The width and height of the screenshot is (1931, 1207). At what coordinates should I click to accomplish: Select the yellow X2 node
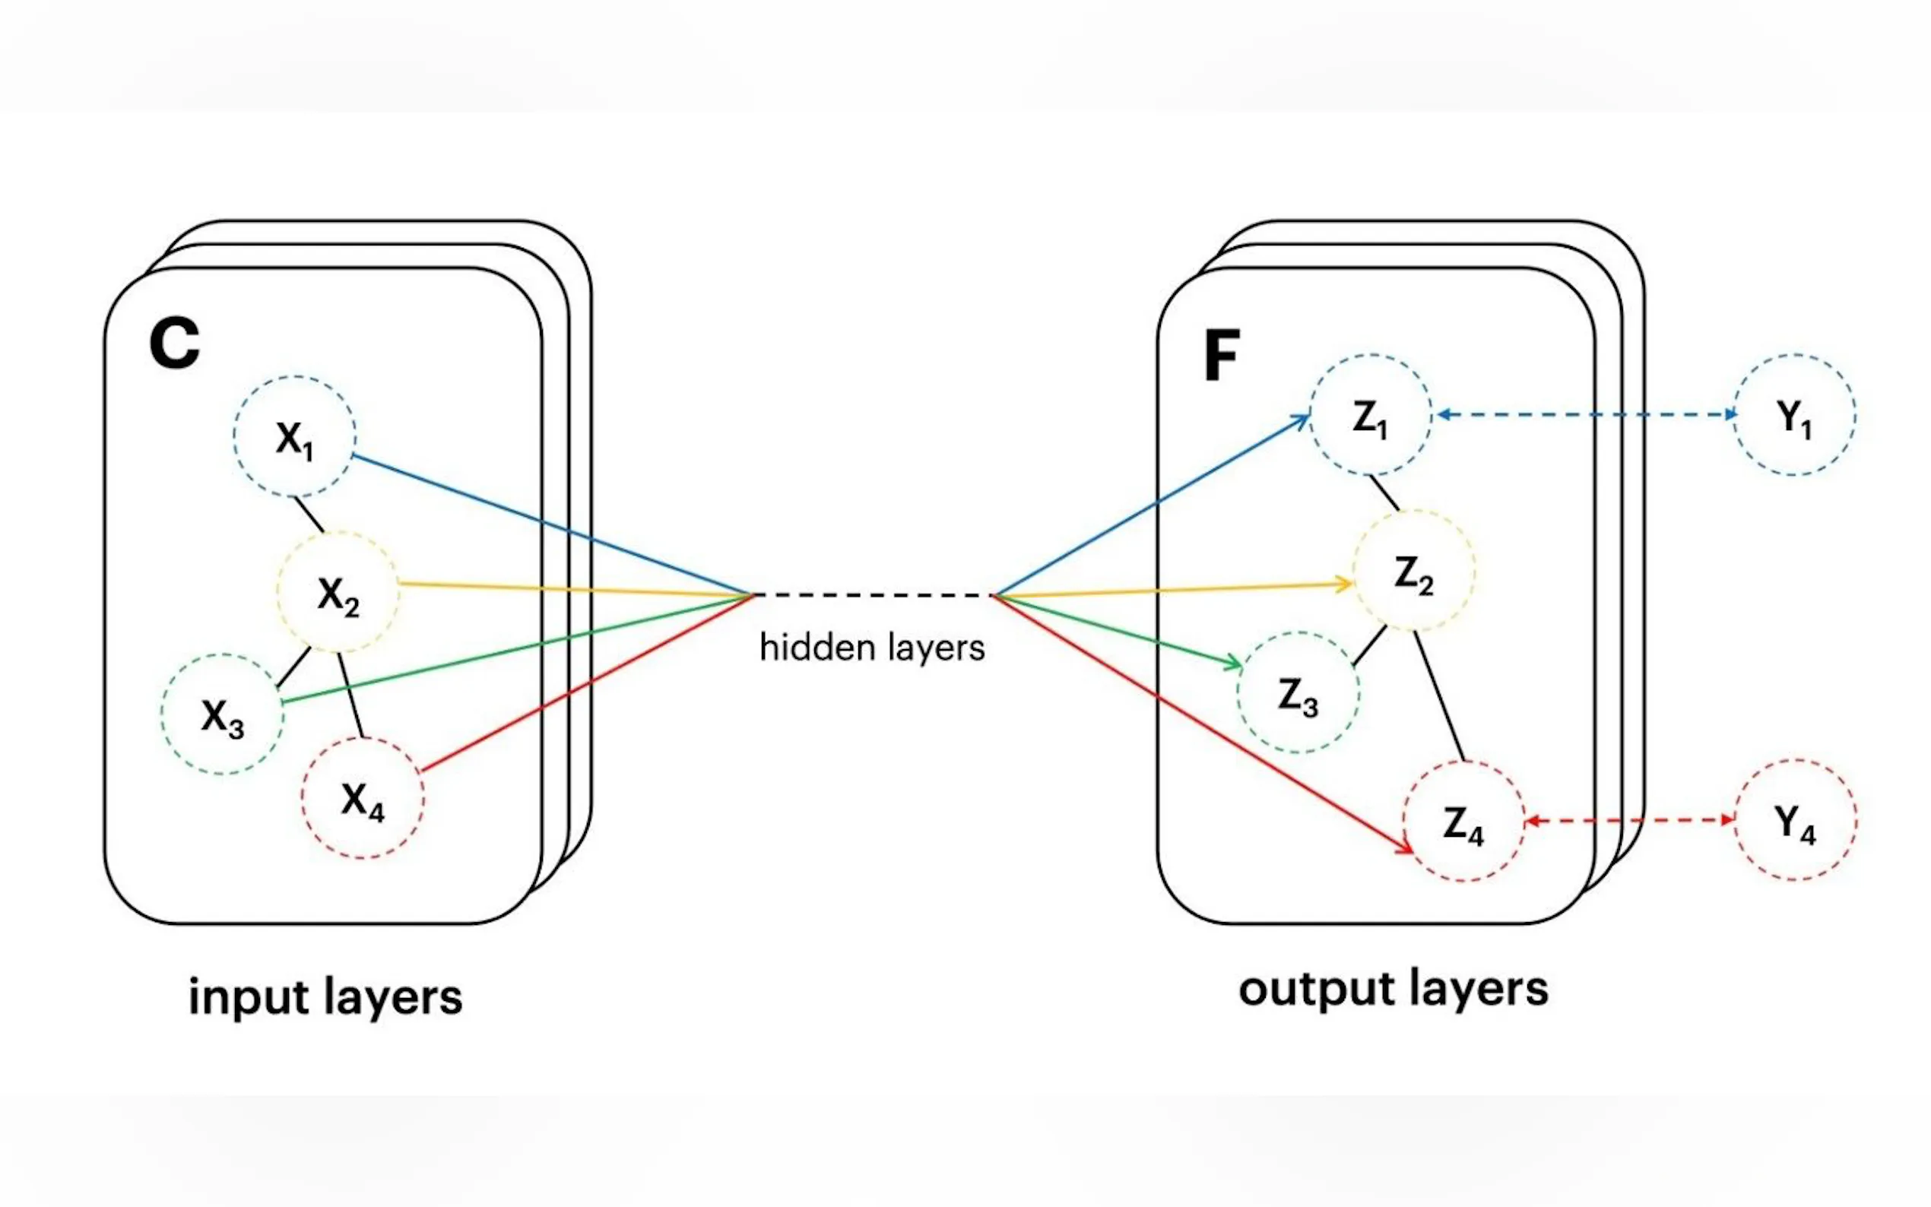pos(338,593)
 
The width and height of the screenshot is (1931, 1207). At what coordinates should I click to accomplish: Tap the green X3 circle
pos(222,714)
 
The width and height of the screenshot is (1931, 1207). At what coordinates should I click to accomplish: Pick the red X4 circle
pos(363,797)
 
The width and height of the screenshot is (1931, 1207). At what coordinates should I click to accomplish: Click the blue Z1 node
pos(1370,416)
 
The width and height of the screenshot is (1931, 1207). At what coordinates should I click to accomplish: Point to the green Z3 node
pos(1298,693)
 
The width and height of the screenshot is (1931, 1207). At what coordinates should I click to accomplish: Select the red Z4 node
pos(1463,822)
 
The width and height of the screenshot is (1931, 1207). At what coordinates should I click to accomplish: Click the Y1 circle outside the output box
pos(1793,415)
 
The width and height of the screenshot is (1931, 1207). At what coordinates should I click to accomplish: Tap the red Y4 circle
pos(1795,821)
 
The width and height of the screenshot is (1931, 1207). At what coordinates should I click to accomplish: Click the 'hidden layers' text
pos(872,648)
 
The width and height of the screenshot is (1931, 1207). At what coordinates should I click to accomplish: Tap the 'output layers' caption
pos(1393,990)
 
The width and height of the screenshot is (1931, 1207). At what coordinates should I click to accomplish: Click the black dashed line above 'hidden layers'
pos(872,594)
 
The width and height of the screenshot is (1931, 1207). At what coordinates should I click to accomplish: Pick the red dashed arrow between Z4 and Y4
pos(1628,820)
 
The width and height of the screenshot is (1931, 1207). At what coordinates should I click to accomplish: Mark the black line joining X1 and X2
pos(309,515)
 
